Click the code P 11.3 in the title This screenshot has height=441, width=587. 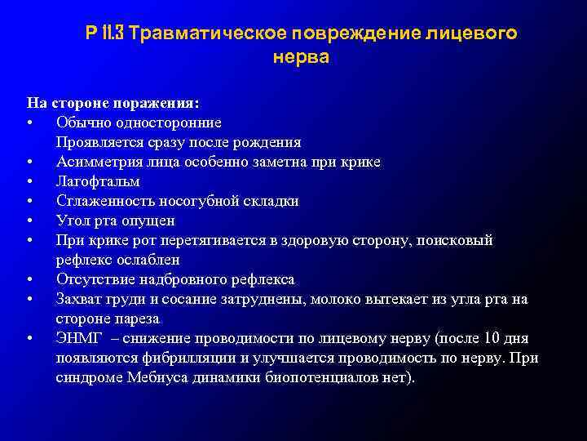click(x=105, y=34)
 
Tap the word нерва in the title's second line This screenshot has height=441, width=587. click(x=302, y=59)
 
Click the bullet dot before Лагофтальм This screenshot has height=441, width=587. click(x=29, y=181)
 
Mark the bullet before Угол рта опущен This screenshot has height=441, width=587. click(x=29, y=220)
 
